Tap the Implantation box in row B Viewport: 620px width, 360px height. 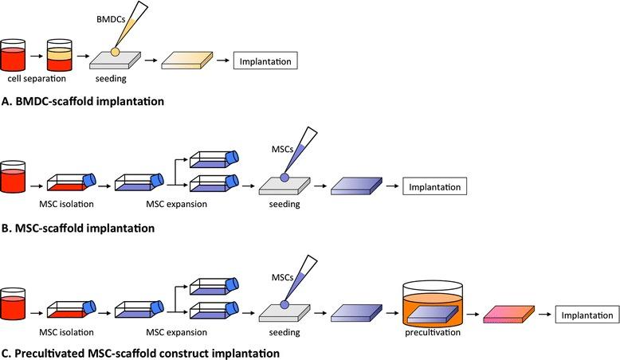[x=434, y=187]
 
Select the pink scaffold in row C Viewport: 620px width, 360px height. [x=508, y=316]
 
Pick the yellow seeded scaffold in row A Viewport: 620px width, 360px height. [x=187, y=61]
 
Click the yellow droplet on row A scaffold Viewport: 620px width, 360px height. [x=116, y=53]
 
